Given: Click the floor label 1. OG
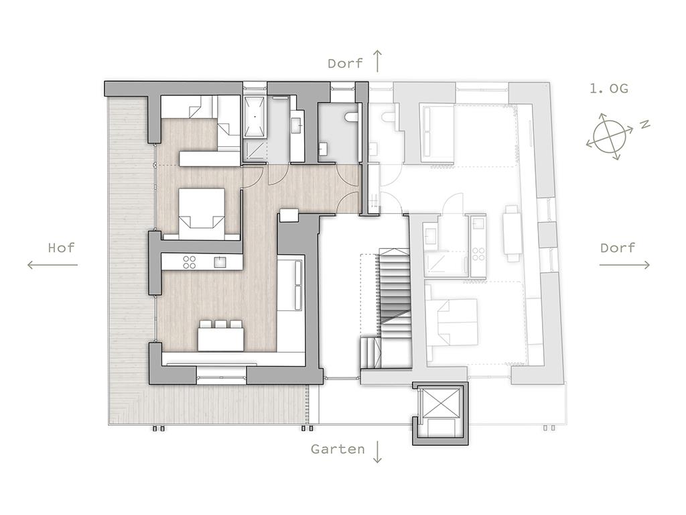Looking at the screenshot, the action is pyautogui.click(x=608, y=89).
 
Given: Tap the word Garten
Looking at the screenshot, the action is pyautogui.click(x=338, y=449).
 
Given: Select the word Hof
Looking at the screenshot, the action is pyautogui.click(x=61, y=248).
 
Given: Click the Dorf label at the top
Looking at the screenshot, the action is pyautogui.click(x=345, y=64).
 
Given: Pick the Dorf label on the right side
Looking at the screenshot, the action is pyautogui.click(x=617, y=248).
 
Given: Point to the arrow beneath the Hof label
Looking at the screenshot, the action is pyautogui.click(x=52, y=264).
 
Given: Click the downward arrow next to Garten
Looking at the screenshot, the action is pyautogui.click(x=377, y=452).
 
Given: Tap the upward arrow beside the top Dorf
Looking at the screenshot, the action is pyautogui.click(x=377, y=61).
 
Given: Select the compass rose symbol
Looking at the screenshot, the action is pyautogui.click(x=610, y=136).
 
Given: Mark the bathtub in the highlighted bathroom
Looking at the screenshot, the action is pyautogui.click(x=255, y=117).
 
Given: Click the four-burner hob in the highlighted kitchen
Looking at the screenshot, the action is pyautogui.click(x=190, y=262).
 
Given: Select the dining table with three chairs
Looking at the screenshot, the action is pyautogui.click(x=220, y=336).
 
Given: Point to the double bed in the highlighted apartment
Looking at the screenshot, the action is pyautogui.click(x=202, y=214).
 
